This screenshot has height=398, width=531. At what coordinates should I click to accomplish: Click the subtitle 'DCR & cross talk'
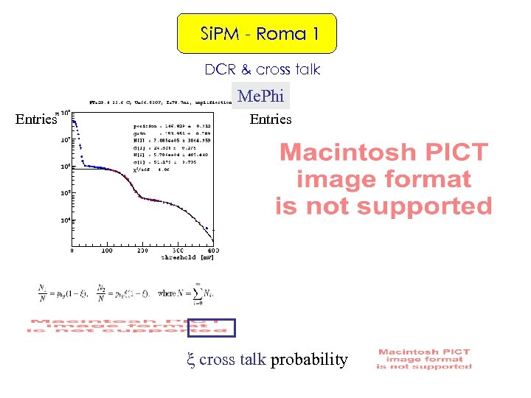(263, 69)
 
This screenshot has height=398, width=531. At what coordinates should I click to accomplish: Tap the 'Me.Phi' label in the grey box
(260, 96)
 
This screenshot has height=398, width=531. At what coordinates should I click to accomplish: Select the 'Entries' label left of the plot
(36, 119)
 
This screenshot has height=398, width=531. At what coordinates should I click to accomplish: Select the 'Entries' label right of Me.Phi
(271, 119)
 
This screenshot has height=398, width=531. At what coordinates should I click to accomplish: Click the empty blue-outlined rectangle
(212, 327)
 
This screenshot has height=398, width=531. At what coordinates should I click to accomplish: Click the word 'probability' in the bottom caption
(309, 360)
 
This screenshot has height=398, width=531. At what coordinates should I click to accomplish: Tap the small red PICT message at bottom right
(423, 359)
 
